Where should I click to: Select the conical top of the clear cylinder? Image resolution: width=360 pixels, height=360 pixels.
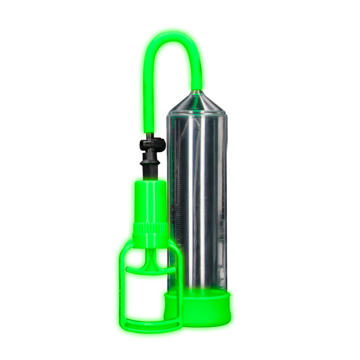click(x=197, y=103)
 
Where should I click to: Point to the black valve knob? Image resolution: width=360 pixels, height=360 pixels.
click(x=153, y=145)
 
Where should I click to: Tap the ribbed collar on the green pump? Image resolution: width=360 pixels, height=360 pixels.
click(x=150, y=228)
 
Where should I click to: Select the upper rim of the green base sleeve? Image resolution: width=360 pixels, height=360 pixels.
click(x=197, y=293)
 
